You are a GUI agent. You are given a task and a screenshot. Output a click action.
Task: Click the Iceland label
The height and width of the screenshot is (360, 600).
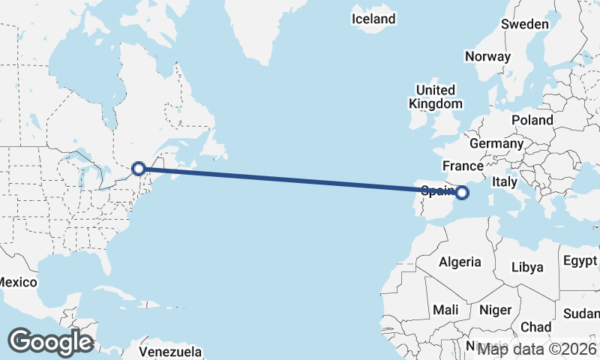pos(373,19)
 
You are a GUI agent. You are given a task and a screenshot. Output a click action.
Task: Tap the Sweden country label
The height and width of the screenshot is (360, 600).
pos(525,24)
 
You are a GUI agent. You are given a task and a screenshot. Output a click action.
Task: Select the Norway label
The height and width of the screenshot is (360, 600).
pos(487,56)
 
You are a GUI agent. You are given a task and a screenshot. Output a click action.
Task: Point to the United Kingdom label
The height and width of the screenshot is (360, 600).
pos(436,97)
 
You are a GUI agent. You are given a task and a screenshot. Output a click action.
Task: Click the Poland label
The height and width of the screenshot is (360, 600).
pos(532,120)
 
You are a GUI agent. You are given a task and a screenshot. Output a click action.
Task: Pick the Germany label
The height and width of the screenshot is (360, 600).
pos(496,143)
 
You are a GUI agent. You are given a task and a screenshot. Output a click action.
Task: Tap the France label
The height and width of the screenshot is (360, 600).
pos(461,166)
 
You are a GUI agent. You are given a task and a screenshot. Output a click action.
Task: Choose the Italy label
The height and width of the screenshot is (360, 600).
pos(505,181)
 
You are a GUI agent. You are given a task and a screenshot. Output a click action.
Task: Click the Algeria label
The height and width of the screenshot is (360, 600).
pos(459,262)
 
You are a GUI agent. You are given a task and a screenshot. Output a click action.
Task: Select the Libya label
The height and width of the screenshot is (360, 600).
pos(527,268)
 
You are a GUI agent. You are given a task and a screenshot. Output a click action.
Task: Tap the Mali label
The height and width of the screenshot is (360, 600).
pos(445,310)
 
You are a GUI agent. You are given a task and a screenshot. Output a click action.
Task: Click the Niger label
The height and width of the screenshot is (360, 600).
pos(495,310)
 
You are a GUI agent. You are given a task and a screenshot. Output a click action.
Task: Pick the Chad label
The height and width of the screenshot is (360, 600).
pos(535,327)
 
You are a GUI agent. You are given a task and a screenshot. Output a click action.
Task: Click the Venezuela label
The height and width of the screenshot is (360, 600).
pos(170,351)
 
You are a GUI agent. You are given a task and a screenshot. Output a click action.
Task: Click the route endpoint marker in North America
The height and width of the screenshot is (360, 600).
pos(139,169)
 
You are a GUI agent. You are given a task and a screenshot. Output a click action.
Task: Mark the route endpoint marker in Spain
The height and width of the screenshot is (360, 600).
pos(462,193)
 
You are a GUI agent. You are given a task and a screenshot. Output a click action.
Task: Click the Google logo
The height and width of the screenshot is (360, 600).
pos(50,342)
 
